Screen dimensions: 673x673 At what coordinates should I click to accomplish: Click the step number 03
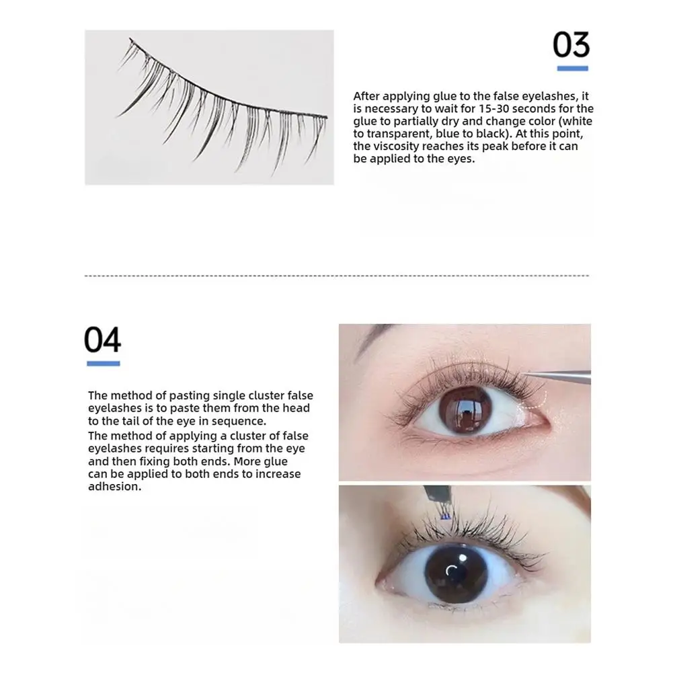coord(571,46)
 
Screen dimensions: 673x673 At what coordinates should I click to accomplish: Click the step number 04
coord(102,340)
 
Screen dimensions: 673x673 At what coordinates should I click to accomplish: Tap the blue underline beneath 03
coord(572,69)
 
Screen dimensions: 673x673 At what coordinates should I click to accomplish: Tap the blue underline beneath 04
coord(103,364)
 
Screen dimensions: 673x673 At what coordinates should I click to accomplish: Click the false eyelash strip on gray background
coord(222,108)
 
